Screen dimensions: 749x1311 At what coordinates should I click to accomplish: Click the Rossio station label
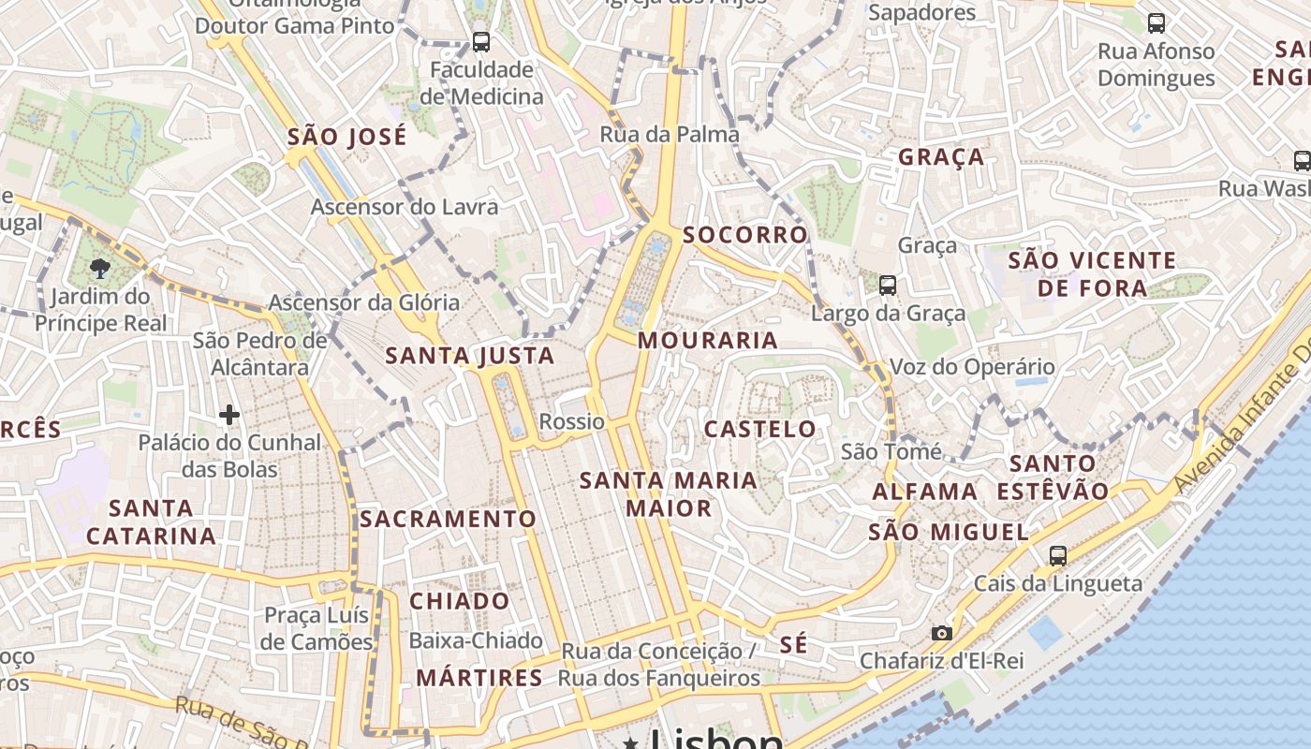[x=571, y=421]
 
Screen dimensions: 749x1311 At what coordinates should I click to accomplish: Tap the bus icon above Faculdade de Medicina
[x=480, y=41]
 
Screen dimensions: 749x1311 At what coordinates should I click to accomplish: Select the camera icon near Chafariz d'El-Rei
[x=942, y=634]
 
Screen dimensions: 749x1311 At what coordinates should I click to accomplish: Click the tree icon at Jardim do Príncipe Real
[x=99, y=270]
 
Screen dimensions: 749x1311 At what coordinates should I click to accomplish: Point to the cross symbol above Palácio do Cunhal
[x=229, y=414]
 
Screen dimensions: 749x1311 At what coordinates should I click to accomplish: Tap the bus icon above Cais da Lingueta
[x=1058, y=556]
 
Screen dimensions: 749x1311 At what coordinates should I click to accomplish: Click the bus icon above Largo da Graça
[x=888, y=285]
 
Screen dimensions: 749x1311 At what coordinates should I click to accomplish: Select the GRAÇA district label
[x=941, y=157]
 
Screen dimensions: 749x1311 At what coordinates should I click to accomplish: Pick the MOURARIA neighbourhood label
[x=708, y=341]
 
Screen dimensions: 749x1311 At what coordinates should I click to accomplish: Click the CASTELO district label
[x=759, y=430]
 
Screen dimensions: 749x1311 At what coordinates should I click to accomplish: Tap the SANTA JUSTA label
[x=470, y=356]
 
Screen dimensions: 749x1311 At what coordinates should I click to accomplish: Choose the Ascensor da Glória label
[x=364, y=302]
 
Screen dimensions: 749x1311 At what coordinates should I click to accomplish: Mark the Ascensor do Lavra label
[x=405, y=206]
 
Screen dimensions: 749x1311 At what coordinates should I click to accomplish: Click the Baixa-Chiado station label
[x=476, y=640]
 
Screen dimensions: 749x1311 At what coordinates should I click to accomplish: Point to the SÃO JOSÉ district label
[x=347, y=137]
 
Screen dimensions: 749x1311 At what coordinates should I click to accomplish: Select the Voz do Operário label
[x=971, y=367]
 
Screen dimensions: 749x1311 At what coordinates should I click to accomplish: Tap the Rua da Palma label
[x=670, y=134]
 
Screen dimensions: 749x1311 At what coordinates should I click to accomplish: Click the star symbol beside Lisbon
[x=631, y=742]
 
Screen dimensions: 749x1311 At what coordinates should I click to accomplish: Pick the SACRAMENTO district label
[x=449, y=519]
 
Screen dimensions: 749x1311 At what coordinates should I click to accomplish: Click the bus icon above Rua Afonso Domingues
[x=1156, y=23]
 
